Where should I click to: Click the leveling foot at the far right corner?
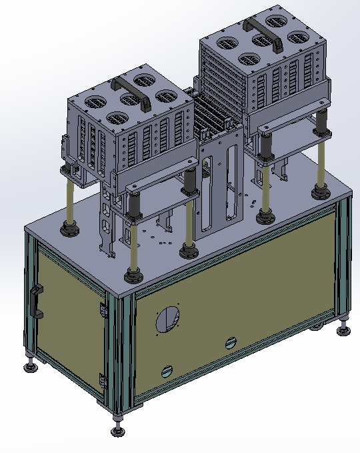point(343,328)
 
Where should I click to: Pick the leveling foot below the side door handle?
point(30,365)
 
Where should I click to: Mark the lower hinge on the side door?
point(102,380)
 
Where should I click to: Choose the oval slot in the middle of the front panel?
point(230,343)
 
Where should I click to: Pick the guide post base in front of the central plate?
point(189,251)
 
